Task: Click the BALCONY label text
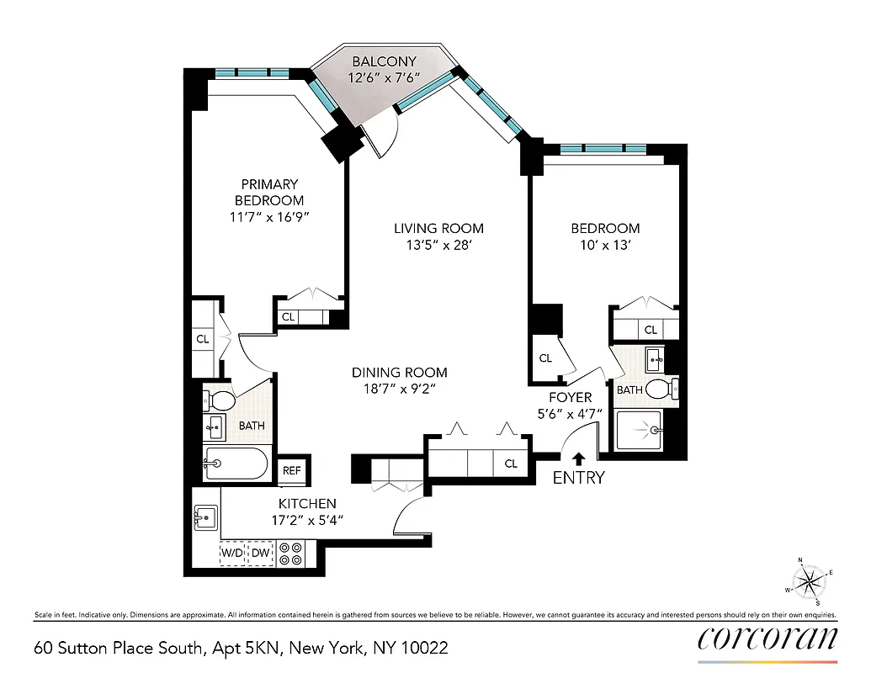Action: [384, 61]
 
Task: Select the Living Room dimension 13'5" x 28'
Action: [438, 246]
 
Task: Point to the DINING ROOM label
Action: [399, 372]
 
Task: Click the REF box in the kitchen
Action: [291, 471]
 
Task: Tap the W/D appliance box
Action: [232, 553]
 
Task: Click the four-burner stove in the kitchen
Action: [292, 553]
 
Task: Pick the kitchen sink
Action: [205, 516]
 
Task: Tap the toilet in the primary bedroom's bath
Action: [221, 398]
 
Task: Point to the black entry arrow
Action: [578, 458]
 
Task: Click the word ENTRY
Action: [578, 479]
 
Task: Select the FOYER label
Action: [571, 397]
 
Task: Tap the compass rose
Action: [810, 580]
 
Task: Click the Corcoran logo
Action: [767, 639]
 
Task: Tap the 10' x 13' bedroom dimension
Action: [605, 246]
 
